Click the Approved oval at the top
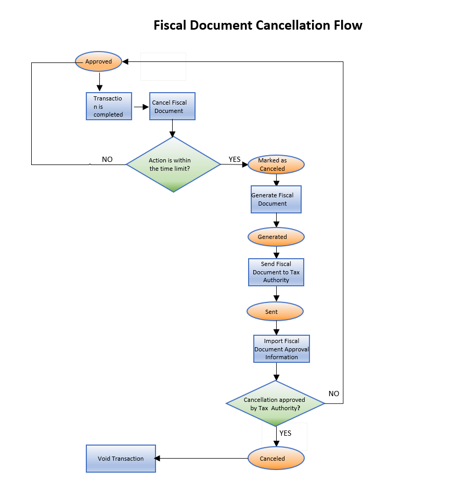[98, 61]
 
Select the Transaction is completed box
[109, 106]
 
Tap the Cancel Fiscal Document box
[172, 107]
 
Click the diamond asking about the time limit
[173, 164]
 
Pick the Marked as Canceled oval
[275, 164]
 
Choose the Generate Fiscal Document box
[276, 199]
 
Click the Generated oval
[275, 237]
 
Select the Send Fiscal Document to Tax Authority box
[276, 272]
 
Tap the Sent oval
[275, 312]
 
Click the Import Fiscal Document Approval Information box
[281, 349]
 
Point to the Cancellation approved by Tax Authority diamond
[275, 404]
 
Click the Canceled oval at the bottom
[275, 459]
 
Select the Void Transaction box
[121, 459]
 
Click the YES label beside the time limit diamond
[235, 159]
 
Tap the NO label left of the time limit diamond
[107, 159]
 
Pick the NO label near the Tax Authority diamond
[334, 394]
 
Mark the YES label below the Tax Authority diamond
[285, 433]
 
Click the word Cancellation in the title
[294, 25]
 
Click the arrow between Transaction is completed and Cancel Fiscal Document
[141, 107]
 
